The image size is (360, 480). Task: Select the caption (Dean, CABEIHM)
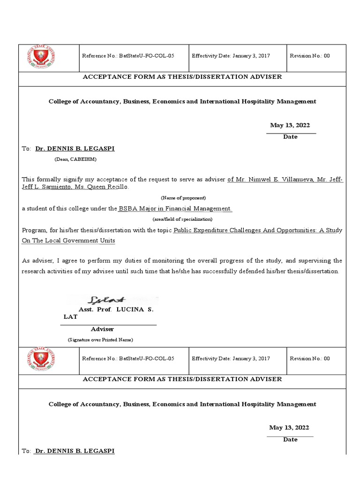[75, 159]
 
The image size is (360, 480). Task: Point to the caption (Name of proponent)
[183, 198]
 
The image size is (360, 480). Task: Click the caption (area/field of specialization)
[182, 219]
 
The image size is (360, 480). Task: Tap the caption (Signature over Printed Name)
[100, 339]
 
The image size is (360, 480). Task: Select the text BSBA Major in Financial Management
[175, 209]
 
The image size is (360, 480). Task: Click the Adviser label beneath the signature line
[102, 329]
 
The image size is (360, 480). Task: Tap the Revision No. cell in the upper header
[310, 56]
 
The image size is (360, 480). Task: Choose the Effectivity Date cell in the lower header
[231, 359]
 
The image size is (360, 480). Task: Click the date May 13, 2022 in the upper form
[290, 125]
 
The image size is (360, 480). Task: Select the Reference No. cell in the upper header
[128, 56]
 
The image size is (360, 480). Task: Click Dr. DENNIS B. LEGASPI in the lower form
[75, 451]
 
